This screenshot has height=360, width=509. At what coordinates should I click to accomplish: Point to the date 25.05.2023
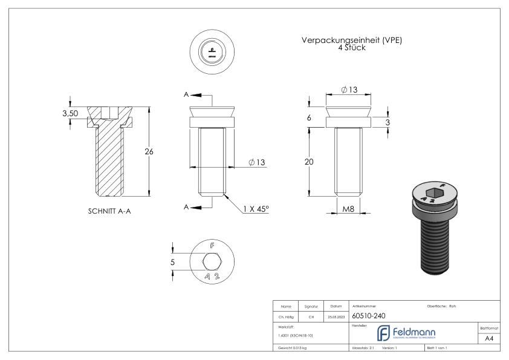tap(336, 316)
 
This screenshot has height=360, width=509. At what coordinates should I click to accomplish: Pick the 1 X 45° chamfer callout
tap(256, 209)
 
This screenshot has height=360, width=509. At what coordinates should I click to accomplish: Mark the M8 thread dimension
tap(348, 209)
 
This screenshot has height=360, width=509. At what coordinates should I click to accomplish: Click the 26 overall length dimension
tap(148, 151)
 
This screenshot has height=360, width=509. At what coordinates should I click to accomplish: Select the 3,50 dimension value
tap(71, 113)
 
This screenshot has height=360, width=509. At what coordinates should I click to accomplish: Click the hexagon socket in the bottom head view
tap(211, 263)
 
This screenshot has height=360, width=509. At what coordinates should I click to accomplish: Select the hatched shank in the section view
tap(109, 160)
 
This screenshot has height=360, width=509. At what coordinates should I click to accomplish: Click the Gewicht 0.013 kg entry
tap(294, 349)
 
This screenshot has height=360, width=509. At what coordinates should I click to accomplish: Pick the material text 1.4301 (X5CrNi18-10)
tap(296, 335)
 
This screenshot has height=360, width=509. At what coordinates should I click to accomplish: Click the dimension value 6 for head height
tap(309, 117)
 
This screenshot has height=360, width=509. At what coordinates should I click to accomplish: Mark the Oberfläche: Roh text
tap(441, 306)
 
